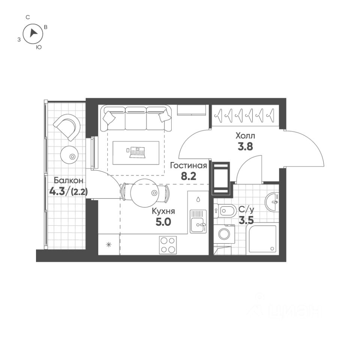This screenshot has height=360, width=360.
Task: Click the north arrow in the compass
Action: pos(34,33)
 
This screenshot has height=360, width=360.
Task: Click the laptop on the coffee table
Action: pos(136,151)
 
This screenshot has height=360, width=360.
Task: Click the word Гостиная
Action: pos(189,166)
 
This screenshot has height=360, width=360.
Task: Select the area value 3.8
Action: pos(245,147)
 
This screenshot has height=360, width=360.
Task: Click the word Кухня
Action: pos(163,211)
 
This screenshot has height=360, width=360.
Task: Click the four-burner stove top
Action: pos(168,245)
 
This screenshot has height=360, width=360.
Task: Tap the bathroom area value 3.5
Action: pos(246,220)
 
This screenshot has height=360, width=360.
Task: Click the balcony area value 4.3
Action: pos(57,192)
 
